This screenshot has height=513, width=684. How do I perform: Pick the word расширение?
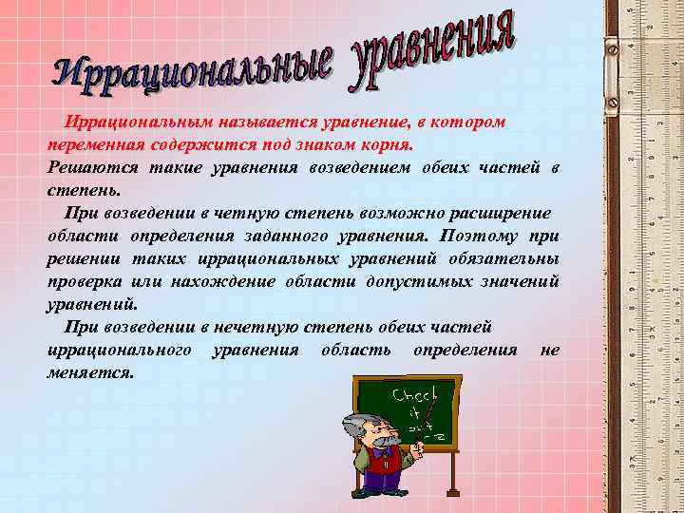[504, 211]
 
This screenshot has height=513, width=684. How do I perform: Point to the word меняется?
[90, 372]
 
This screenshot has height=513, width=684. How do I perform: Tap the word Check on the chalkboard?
[414, 394]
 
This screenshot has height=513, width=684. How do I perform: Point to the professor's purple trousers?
[380, 480]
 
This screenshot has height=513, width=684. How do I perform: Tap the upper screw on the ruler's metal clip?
[612, 49]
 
